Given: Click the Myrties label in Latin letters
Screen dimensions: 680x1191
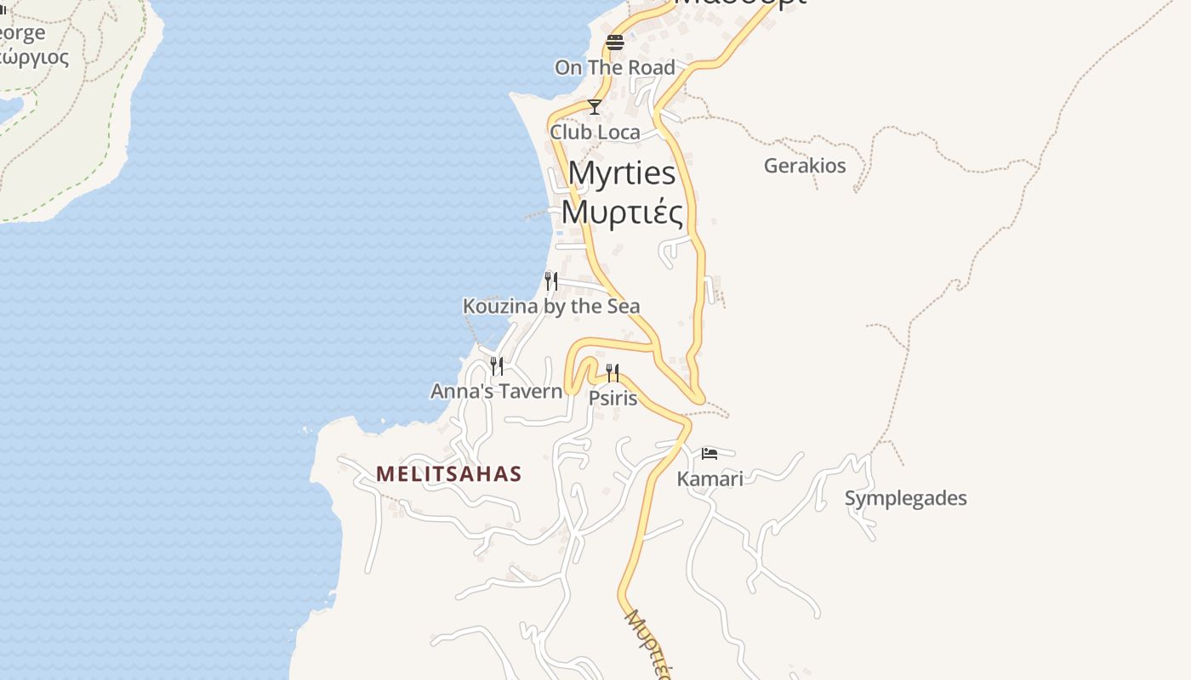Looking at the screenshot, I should pos(621,173).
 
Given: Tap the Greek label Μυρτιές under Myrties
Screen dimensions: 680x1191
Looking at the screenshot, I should pos(623,212).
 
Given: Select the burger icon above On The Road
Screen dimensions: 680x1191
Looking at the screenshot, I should pos(615,42).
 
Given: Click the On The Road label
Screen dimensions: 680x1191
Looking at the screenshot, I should pos(615,67).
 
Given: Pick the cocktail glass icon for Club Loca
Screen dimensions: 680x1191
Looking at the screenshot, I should pos(595,107).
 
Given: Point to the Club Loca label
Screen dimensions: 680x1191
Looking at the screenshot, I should pos(595,132).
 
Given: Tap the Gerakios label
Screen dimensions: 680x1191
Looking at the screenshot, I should pos(805,165).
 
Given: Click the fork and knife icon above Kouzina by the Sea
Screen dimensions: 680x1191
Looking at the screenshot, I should pos(551,280).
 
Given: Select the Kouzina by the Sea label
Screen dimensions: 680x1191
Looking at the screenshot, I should pos(551,306).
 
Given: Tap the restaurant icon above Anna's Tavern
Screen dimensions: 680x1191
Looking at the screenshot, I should pos(497,366).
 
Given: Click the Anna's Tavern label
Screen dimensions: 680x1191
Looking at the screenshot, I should pos(497,391).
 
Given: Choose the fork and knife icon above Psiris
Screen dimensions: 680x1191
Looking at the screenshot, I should pos(613,372).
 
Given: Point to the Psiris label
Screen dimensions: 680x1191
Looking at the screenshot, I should pos(613,397).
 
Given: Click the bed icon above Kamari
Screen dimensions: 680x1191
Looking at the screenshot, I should pos(709,454).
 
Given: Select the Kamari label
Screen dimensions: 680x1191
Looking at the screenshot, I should pos(709,479).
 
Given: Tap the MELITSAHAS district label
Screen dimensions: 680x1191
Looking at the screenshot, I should pos(449,473).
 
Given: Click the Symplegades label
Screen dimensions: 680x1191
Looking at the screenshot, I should pos(905,498).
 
